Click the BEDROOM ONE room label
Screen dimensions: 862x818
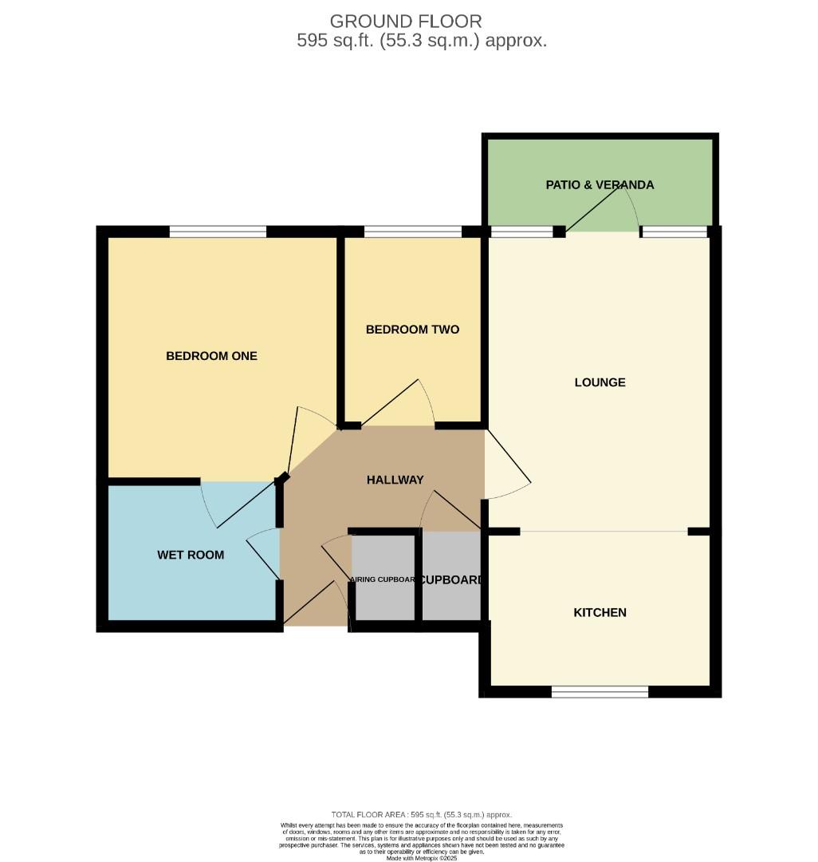point(211,356)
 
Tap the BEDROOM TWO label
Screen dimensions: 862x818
point(412,330)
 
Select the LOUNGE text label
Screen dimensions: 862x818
point(600,382)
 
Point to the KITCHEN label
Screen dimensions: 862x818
point(600,613)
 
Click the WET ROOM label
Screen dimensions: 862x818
point(191,555)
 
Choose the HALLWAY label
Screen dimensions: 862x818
point(395,480)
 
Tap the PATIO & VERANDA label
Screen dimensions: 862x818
point(600,185)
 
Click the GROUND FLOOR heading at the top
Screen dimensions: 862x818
point(406,21)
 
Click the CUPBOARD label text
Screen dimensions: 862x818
point(451,580)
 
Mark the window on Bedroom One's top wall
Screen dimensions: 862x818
point(218,231)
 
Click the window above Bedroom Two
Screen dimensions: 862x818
point(412,231)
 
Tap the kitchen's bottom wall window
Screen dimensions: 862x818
point(600,691)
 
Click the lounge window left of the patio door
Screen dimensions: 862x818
point(521,231)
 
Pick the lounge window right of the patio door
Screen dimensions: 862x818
point(674,231)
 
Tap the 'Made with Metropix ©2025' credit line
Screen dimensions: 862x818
point(422,858)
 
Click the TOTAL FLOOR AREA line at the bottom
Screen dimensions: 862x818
point(422,814)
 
